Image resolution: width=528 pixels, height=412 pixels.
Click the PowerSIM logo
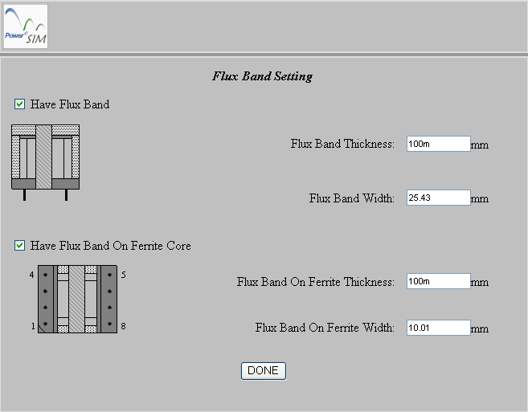click(26, 27)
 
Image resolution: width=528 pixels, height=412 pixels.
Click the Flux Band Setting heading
click(262, 76)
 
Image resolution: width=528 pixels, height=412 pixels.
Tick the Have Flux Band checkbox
click(19, 104)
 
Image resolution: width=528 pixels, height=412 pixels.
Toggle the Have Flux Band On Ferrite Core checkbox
click(19, 246)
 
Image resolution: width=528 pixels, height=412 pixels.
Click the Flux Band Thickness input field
click(439, 144)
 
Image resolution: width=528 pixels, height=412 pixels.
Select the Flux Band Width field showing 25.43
click(439, 198)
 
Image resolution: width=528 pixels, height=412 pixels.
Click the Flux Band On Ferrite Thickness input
click(439, 281)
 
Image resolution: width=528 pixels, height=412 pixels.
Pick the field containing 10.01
click(439, 328)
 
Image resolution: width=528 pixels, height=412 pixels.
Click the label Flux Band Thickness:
click(342, 144)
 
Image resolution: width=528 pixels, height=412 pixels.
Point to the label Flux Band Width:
click(352, 198)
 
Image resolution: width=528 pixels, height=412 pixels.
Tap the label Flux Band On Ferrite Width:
click(325, 328)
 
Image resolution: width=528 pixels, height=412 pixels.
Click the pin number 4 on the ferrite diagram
click(31, 275)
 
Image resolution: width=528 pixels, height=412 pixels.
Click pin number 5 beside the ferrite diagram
click(124, 275)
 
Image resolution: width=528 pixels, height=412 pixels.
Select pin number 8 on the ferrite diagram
click(123, 326)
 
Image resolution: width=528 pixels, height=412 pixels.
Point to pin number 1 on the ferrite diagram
click(33, 326)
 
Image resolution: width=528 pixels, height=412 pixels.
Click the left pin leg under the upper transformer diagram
click(24, 195)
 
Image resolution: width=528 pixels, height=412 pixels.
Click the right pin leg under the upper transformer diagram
click(67, 195)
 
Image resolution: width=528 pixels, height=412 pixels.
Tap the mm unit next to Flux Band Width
click(480, 199)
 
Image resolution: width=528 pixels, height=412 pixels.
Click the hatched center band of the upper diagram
click(43, 157)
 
